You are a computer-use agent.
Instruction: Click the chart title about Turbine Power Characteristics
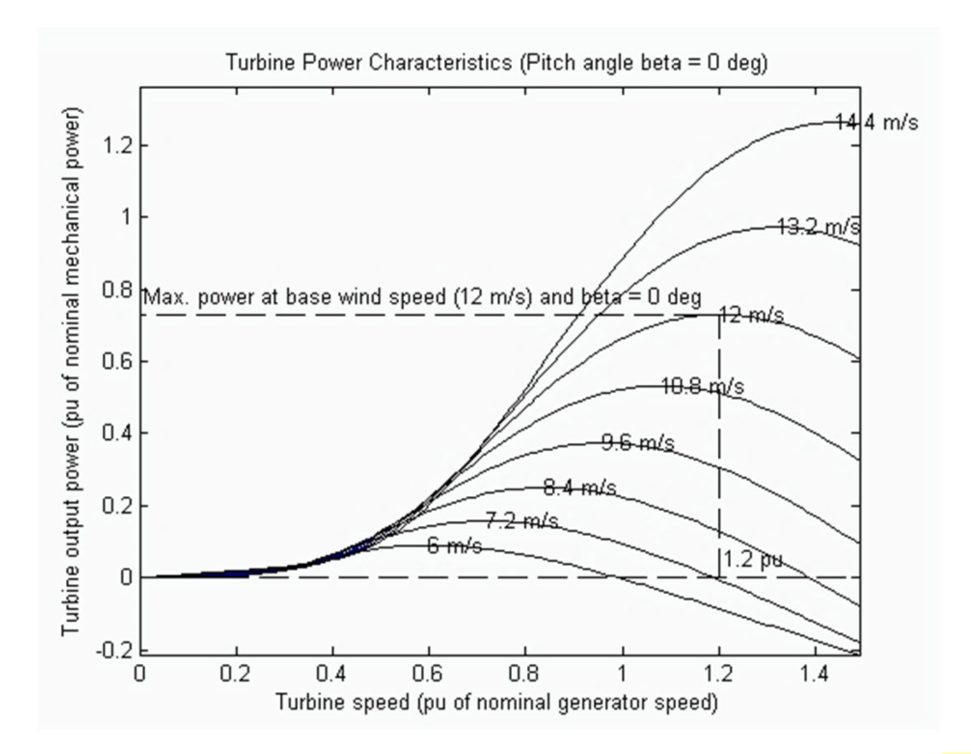coord(496,63)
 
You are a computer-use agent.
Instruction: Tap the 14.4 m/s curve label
coord(876,123)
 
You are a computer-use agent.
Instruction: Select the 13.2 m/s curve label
coord(819,226)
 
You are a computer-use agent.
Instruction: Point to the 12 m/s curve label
coord(752,316)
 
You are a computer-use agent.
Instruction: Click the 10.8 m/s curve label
coord(702,386)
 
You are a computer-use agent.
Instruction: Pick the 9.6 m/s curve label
coord(638,443)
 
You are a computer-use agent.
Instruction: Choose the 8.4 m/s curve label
coord(579,488)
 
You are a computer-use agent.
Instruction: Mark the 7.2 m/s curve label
coord(521,521)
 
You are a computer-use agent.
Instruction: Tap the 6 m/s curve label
coord(454,546)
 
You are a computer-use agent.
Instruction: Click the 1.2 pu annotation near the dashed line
coord(752,560)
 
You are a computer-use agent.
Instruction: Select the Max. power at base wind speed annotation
coord(422,297)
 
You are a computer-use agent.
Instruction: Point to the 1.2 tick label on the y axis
coord(118,145)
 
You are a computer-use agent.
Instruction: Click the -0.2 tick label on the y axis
coord(115,651)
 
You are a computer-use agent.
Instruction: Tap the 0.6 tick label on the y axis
coord(118,361)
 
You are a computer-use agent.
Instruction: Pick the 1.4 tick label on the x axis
coord(815,674)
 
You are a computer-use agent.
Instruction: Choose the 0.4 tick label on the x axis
coord(332,674)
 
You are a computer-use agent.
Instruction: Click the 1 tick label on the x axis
coord(622,674)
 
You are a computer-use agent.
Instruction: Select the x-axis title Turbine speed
coord(496,702)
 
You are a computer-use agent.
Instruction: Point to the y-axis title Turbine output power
coord(71,372)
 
